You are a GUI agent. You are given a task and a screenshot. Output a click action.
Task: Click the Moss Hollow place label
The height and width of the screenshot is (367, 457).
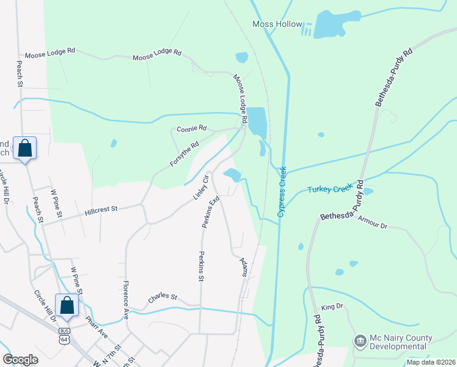point(277,24)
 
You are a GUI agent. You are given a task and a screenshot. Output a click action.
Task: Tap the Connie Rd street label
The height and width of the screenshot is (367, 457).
point(192,129)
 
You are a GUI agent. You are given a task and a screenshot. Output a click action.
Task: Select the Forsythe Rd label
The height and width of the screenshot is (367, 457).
point(185,155)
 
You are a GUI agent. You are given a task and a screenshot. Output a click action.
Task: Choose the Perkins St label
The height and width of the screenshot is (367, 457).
point(200,266)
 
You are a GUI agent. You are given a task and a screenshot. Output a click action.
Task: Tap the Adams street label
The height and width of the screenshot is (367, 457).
point(244,267)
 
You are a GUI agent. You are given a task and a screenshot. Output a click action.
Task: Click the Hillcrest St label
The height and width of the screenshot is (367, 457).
point(101,209)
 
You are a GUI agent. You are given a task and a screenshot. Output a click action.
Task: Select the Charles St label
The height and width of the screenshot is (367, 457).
point(163,298)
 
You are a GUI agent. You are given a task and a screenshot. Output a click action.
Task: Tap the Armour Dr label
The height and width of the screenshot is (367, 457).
point(373,221)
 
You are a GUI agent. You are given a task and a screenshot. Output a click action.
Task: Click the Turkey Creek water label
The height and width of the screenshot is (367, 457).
point(331,190)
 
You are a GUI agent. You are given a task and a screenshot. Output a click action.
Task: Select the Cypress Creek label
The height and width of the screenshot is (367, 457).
point(282,192)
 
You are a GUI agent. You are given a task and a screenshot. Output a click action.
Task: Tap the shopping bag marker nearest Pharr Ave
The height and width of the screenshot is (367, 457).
point(67,306)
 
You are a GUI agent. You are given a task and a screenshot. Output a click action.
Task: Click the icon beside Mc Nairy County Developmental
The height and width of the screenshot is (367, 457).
point(360,340)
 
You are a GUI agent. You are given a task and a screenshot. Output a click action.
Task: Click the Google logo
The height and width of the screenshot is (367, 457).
point(20,360)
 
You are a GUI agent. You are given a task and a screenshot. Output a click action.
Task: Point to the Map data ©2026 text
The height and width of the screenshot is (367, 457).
point(430,362)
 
